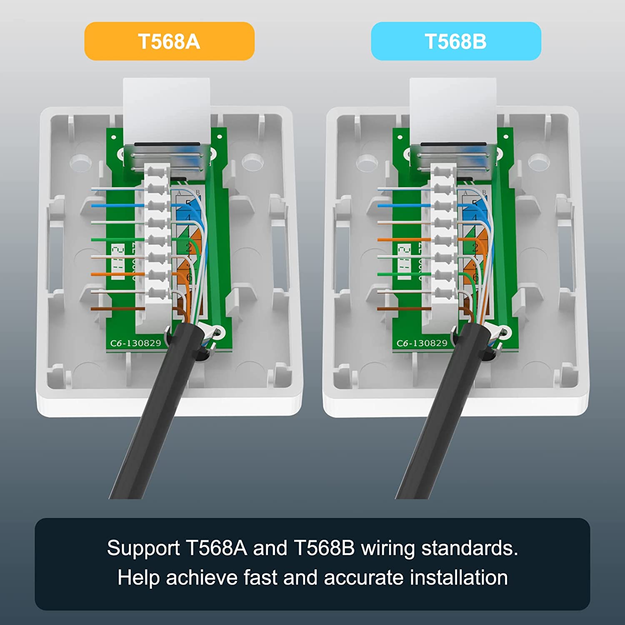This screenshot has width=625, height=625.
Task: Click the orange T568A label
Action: [x=169, y=41]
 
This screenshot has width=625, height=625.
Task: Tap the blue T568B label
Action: [x=456, y=41]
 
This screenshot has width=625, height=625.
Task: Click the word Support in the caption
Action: [x=143, y=548]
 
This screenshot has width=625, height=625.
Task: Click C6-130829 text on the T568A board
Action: [x=135, y=343]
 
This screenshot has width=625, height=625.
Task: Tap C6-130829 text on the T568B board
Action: [x=422, y=343]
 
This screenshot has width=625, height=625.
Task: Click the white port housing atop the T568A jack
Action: [x=167, y=108]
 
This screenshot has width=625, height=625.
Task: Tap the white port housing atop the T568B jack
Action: [x=453, y=108]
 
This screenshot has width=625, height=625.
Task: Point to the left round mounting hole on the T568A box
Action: [x=80, y=162]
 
